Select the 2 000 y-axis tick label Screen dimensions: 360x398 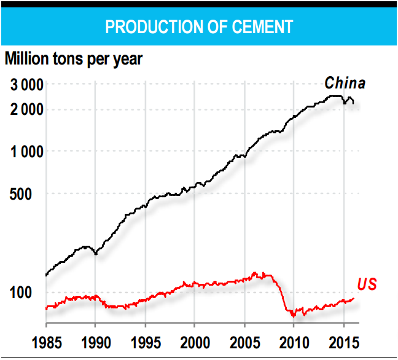26,110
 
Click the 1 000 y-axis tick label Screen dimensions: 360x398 26,151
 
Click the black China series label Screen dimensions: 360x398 345,83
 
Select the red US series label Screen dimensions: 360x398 367,284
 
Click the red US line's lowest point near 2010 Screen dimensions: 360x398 294,316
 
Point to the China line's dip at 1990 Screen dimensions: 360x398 95,253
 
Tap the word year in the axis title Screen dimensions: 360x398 125,60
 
